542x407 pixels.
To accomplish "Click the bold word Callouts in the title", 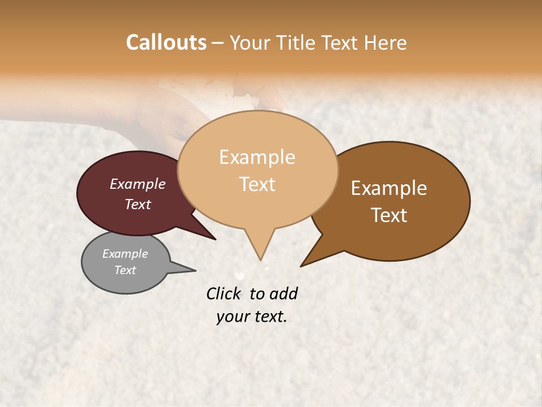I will click(166, 42).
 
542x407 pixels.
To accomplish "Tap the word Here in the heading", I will click(386, 43).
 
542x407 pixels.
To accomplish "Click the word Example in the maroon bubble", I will click(138, 184).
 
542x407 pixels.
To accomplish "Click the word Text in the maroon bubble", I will click(138, 204).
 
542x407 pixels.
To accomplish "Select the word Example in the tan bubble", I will click(257, 157).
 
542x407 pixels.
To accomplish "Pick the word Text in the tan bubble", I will click(257, 184).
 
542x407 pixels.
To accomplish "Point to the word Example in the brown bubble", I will click(389, 188).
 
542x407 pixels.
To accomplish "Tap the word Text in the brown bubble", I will click(389, 215).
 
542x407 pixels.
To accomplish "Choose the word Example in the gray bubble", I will click(125, 254).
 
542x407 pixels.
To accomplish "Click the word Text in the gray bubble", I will click(125, 270).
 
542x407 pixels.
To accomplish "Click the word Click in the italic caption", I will click(224, 293).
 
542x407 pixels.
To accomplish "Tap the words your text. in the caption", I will click(252, 317).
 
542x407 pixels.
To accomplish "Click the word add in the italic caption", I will click(284, 293).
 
